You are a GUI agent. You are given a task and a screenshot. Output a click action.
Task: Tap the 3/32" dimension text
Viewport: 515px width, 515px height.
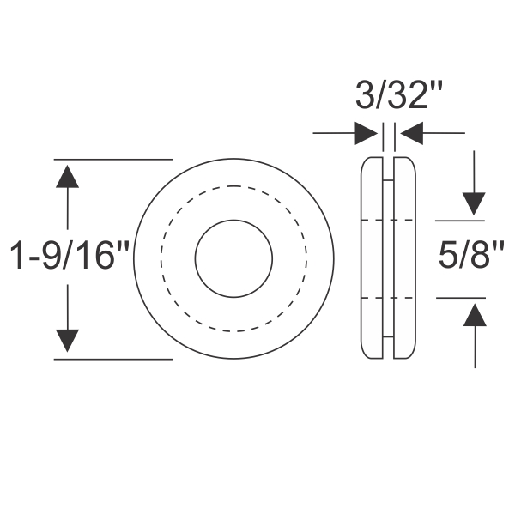[392, 95]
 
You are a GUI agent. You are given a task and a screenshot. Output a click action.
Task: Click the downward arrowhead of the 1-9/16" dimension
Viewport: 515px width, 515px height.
[68, 342]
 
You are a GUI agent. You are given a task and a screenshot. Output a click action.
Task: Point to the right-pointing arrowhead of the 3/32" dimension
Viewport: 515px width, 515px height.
[367, 133]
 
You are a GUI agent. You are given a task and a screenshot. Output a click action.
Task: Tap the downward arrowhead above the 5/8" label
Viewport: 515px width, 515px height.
[475, 204]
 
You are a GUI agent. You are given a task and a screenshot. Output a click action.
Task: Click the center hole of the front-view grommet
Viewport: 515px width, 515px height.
[233, 258]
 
